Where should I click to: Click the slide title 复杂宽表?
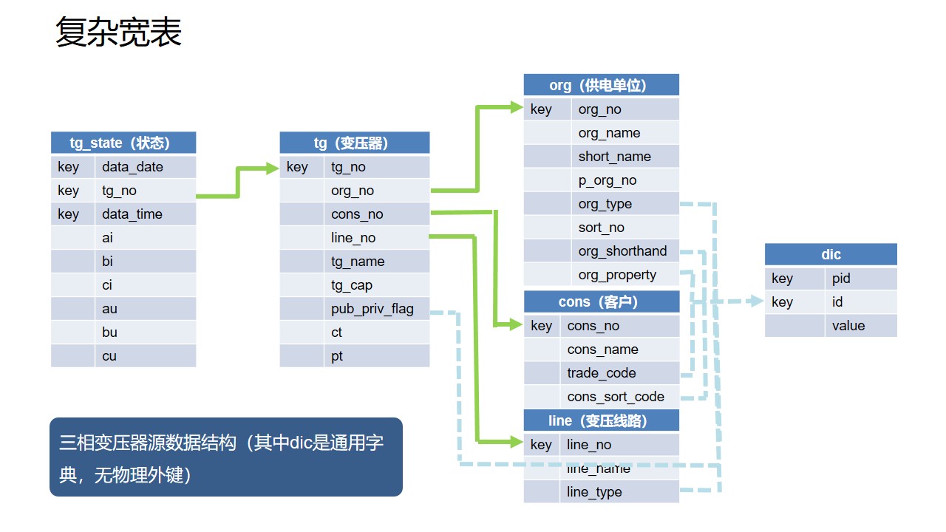pyautogui.click(x=118, y=33)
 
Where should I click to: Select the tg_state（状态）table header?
pyautogui.click(x=123, y=143)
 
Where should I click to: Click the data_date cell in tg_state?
pyautogui.click(x=133, y=167)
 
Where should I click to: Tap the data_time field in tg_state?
pyautogui.click(x=132, y=214)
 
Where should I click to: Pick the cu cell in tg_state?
pyautogui.click(x=109, y=356)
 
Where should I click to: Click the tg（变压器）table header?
pyautogui.click(x=355, y=143)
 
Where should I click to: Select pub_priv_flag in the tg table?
pyautogui.click(x=372, y=309)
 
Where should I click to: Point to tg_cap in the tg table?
pyautogui.click(x=352, y=285)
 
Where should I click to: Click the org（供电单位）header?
pyautogui.click(x=601, y=85)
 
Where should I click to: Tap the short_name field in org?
pyautogui.click(x=615, y=157)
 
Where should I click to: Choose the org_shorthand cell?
pyautogui.click(x=622, y=251)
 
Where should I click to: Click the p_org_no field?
pyautogui.click(x=608, y=180)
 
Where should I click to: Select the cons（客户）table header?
pyautogui.click(x=601, y=301)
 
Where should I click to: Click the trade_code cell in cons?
pyautogui.click(x=602, y=373)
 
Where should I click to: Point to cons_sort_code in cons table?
pyautogui.click(x=616, y=397)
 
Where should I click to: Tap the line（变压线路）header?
pyautogui.click(x=601, y=420)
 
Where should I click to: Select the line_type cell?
pyautogui.click(x=594, y=492)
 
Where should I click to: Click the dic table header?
pyautogui.click(x=831, y=254)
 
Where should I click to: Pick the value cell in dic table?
pyautogui.click(x=848, y=326)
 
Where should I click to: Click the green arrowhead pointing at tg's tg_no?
pyautogui.click(x=272, y=168)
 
